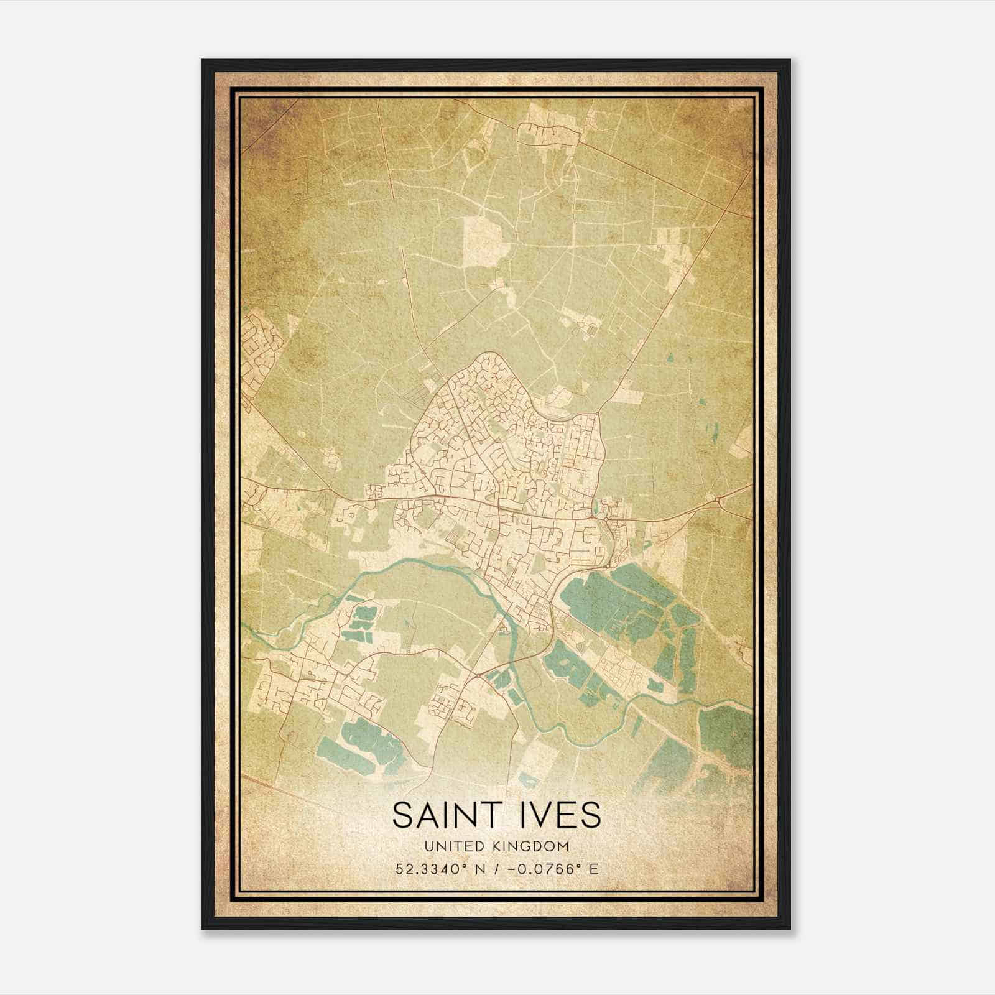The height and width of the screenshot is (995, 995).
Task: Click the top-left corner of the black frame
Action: click(203, 61)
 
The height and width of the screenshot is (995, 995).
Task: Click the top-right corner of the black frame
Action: click(789, 61)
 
